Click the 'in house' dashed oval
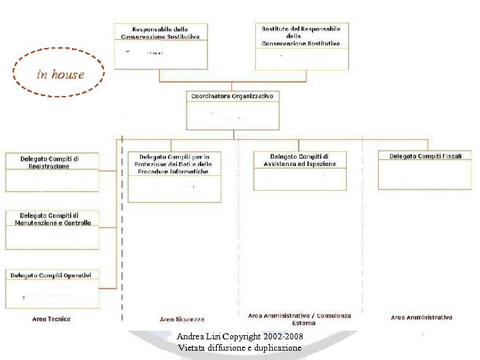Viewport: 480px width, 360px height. pyautogui.click(x=60, y=73)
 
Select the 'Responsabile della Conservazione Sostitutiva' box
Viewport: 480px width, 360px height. pyautogui.click(x=160, y=45)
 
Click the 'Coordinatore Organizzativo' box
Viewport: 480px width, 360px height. pyautogui.click(x=232, y=110)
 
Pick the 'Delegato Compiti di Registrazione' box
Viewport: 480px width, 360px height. pyautogui.click(x=52, y=172)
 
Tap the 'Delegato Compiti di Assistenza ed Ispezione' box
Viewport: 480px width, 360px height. pyautogui.click(x=300, y=171)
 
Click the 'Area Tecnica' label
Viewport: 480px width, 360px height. pyautogui.click(x=51, y=319)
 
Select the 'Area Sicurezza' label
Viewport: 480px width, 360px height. pyautogui.click(x=182, y=319)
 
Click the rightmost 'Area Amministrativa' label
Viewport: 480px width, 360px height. pyautogui.click(x=421, y=317)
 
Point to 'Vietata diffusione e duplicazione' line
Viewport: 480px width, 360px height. pyautogui.click(x=239, y=348)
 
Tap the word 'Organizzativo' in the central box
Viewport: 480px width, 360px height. pyautogui.click(x=251, y=96)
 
